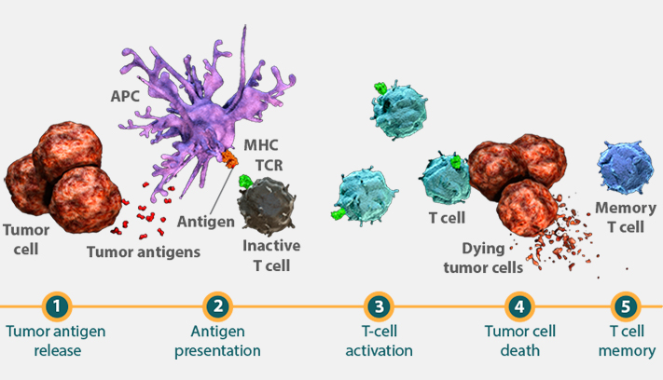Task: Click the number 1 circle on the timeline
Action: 57,306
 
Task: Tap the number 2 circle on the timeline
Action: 218,306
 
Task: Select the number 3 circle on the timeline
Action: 379,306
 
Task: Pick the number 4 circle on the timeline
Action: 519,306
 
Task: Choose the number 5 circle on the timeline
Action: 627,306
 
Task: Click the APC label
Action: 125,96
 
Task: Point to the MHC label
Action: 261,145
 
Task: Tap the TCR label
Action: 269,166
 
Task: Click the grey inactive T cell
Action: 267,206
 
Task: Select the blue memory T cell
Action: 626,168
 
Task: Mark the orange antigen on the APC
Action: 229,158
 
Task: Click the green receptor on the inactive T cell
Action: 245,182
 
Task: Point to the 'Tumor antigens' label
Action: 144,252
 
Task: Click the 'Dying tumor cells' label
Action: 483,258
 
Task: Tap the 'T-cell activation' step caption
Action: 379,341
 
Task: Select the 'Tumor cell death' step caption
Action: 519,341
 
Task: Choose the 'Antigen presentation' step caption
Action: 218,341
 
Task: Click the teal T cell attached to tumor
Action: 446,180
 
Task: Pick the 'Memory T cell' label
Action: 626,217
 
